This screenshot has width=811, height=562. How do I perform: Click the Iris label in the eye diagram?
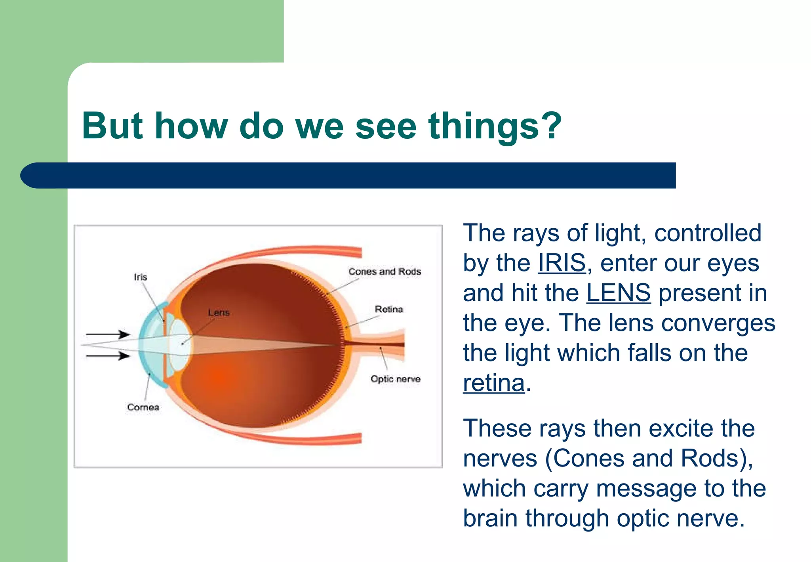coord(141,277)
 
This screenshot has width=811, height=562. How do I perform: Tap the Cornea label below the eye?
coord(143,407)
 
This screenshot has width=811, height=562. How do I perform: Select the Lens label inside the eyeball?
coord(219,313)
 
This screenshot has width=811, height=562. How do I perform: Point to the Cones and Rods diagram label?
coord(384,271)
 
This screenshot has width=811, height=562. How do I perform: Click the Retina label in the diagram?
coord(388,309)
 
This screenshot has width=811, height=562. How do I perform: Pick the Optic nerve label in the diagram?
coord(395,379)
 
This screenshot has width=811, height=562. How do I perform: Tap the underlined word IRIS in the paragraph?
coord(562,263)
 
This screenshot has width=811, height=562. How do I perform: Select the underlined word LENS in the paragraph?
coord(618,293)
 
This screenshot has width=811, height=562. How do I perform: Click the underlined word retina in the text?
coord(493,383)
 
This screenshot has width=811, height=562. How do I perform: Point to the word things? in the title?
coord(495,126)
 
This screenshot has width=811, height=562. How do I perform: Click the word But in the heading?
coord(112,126)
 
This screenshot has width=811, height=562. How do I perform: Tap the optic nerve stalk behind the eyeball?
coord(380,344)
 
